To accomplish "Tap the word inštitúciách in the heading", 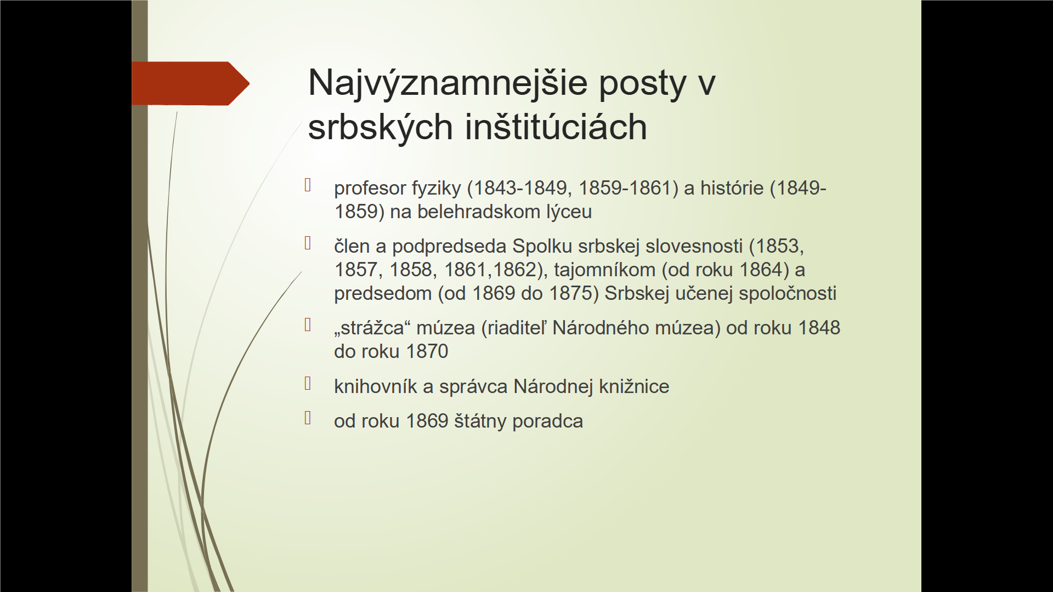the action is pos(556,127).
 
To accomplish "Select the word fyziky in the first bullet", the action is pos(437,189).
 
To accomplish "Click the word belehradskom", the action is pos(478,212).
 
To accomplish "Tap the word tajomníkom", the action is pos(604,270).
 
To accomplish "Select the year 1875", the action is pos(570,293).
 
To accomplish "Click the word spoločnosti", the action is pos(788,294).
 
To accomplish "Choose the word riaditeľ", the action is pos(517,328).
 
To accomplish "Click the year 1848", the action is pos(819,328).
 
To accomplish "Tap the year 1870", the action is pos(427,351).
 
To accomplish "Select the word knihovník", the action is pos(376,386).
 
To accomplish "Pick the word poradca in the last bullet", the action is pos(547,422).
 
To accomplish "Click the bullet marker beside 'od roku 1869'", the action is pos(308,418).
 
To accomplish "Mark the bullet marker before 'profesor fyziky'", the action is pos(308,185).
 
